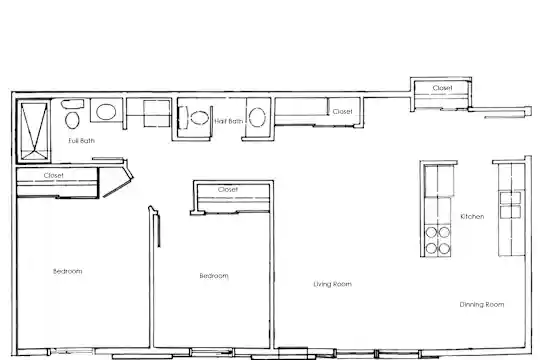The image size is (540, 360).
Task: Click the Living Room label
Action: (x=333, y=284)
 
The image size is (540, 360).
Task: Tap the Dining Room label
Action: (x=482, y=305)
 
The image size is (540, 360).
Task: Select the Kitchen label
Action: (x=472, y=216)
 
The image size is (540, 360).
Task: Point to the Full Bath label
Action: (x=82, y=141)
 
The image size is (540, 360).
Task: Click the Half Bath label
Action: (x=229, y=121)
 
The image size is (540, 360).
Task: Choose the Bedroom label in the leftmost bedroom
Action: (x=68, y=271)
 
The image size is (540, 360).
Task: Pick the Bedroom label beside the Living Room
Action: (x=214, y=276)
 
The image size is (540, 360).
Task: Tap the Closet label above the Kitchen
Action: (x=443, y=88)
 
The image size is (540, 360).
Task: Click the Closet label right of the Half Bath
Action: (x=343, y=112)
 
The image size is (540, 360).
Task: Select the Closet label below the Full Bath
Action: (x=54, y=175)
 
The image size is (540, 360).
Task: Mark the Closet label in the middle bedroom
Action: (x=228, y=189)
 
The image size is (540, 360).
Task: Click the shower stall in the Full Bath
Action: (x=34, y=131)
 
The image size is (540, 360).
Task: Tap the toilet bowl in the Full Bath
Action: (x=72, y=120)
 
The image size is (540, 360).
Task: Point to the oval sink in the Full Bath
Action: (x=106, y=112)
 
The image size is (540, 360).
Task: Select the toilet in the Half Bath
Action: (x=199, y=118)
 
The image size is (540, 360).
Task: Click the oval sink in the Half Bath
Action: (x=257, y=117)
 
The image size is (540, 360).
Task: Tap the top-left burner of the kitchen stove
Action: (x=431, y=233)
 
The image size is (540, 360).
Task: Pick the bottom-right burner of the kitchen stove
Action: (x=444, y=248)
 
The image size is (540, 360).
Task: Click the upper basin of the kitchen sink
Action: (x=510, y=198)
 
